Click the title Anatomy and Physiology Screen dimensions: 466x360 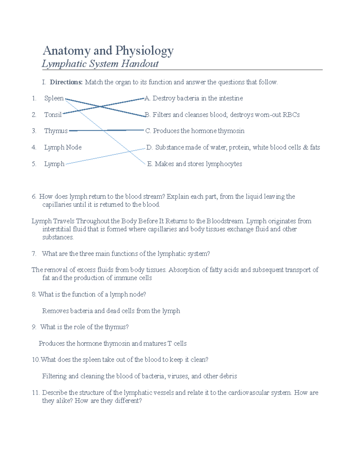[108, 50]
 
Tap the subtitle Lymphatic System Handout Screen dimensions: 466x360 [100, 64]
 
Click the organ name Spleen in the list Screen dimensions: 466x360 [54, 98]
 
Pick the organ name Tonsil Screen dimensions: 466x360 [53, 115]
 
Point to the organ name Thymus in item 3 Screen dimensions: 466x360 [56, 131]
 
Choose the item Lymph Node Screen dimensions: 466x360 [63, 147]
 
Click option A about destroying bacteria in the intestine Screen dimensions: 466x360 [194, 98]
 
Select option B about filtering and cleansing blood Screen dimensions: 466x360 [222, 115]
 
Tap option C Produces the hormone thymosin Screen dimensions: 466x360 [195, 131]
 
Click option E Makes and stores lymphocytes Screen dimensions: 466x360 [195, 164]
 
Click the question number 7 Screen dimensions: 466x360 [34, 254]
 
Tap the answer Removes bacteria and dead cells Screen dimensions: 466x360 [111, 311]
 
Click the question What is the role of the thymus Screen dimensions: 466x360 [84, 327]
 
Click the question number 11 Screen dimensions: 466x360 [35, 393]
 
